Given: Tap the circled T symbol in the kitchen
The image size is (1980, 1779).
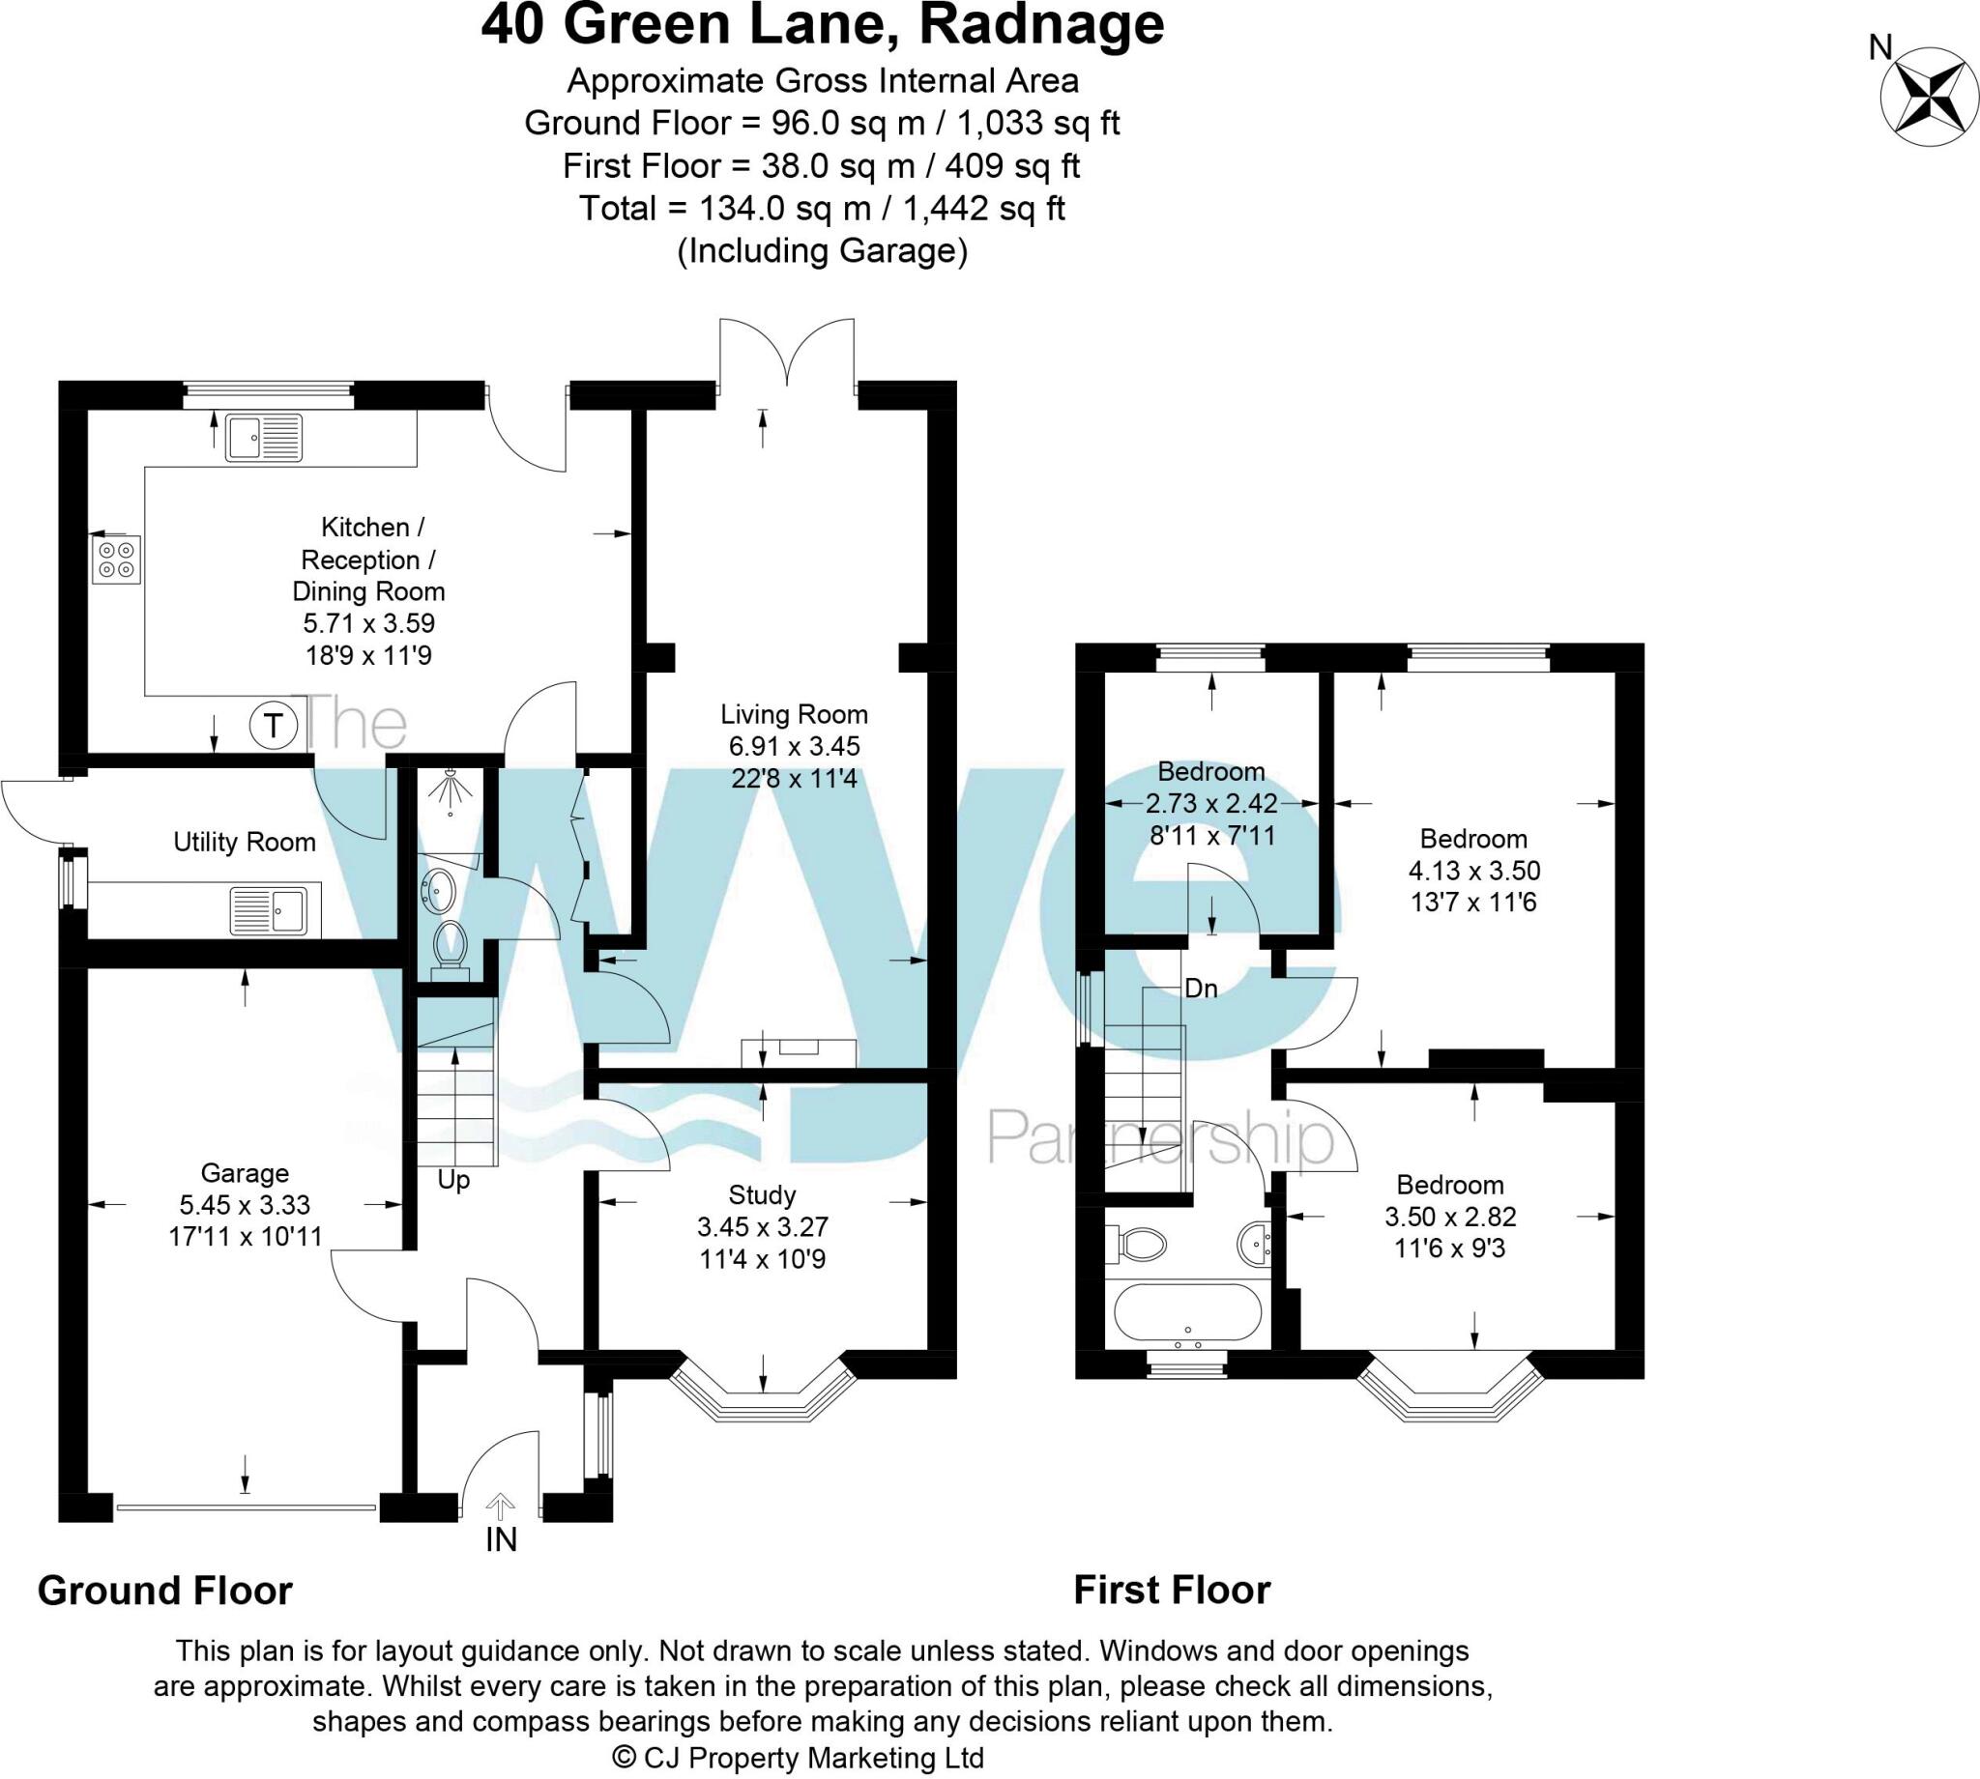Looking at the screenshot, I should tap(274, 727).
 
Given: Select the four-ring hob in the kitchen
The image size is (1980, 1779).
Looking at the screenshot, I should tap(116, 560).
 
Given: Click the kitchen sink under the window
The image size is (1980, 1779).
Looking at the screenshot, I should tap(264, 437).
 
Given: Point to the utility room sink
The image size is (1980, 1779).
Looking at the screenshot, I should tap(275, 911).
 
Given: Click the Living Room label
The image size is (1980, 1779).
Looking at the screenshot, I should tap(794, 714).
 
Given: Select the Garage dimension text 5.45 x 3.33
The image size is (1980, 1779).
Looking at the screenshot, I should tap(245, 1205).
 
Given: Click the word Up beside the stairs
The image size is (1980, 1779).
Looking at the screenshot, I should tap(453, 1180).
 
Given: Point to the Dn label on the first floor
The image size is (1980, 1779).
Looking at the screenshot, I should tap(1201, 990).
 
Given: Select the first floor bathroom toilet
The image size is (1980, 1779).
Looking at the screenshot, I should tap(1139, 1245).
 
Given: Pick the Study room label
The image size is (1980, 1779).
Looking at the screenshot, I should tap(762, 1194).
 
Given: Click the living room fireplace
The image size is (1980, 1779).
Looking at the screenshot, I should tap(798, 1052).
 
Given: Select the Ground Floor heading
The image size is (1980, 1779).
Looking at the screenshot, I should tap(164, 1592).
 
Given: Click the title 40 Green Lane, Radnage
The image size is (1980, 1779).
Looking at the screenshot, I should tap(823, 25).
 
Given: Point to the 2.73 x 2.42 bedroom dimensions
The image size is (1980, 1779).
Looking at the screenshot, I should tap(1211, 803).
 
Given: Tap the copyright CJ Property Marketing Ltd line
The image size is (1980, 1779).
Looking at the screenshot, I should tap(798, 1758).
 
